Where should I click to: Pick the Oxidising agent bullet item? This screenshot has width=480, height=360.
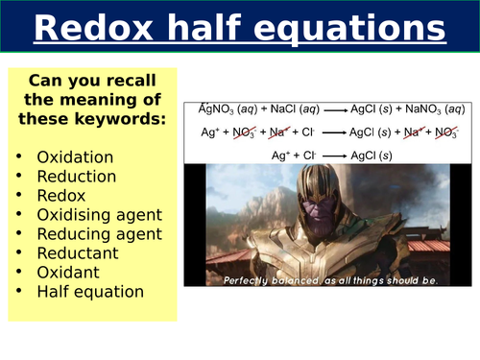99,214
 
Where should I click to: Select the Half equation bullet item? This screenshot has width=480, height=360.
89,291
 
